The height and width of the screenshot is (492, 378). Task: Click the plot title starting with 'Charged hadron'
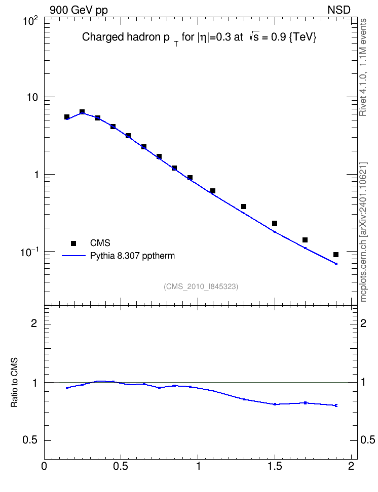(199, 38)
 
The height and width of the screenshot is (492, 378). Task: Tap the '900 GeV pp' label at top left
(79, 10)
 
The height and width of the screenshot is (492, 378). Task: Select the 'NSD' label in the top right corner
(338, 10)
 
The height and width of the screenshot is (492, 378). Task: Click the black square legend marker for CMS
(73, 243)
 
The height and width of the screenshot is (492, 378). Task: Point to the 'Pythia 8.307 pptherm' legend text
(132, 256)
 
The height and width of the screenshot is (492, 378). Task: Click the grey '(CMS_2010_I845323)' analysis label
(201, 286)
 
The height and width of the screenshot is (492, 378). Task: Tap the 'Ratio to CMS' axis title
(15, 383)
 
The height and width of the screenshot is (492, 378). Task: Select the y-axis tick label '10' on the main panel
(32, 97)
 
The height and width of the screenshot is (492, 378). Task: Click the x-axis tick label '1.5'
(275, 466)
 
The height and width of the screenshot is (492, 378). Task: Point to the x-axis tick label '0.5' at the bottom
(121, 466)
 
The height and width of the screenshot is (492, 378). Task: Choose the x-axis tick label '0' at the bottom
(44, 466)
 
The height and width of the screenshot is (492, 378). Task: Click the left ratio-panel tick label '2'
(34, 323)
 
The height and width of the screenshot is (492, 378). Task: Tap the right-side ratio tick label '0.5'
(368, 440)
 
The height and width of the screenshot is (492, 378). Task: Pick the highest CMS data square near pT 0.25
(82, 112)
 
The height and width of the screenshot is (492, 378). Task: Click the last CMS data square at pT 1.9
(336, 255)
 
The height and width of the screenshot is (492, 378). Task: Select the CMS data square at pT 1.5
(275, 223)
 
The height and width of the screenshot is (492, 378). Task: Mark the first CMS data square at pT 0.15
(66, 117)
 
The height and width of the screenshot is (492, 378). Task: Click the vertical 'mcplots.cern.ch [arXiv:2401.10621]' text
(363, 232)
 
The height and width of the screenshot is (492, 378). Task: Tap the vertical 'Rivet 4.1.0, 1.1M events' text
(363, 67)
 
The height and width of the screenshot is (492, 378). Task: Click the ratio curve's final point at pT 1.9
(336, 405)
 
